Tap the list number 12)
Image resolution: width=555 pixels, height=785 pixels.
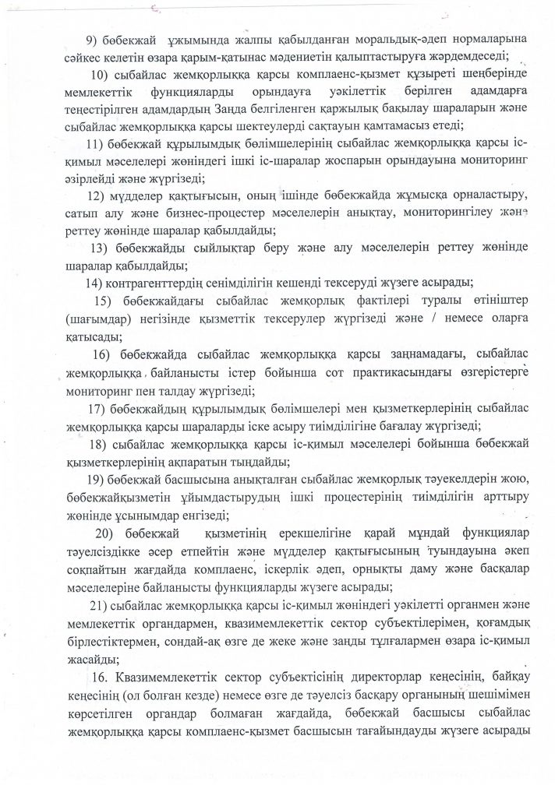97,194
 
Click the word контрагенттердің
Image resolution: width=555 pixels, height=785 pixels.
161,281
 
